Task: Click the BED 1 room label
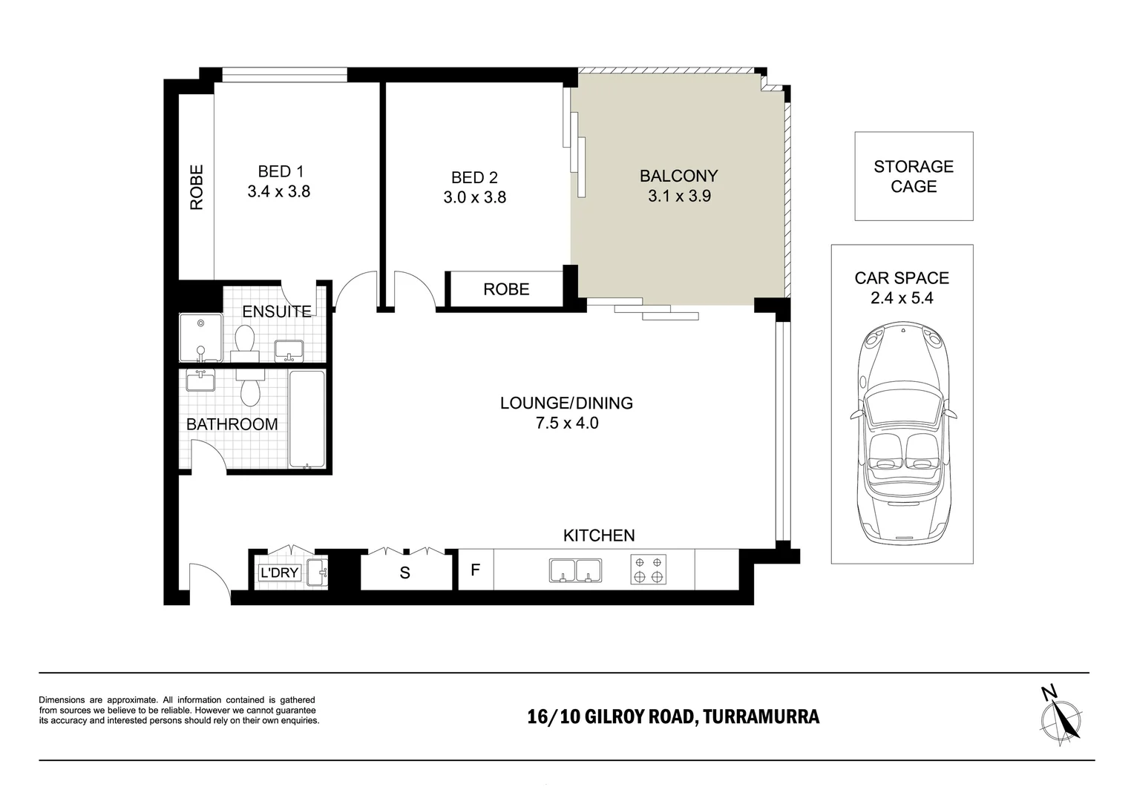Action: click(x=281, y=171)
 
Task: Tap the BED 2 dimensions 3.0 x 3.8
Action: click(x=474, y=197)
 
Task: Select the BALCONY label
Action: click(x=678, y=176)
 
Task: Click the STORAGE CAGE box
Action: click(x=914, y=176)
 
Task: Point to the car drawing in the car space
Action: click(x=903, y=433)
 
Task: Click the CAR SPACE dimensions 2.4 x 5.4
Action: click(x=902, y=298)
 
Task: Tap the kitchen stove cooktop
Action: click(x=648, y=570)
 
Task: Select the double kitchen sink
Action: click(x=576, y=570)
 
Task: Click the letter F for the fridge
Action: click(x=475, y=570)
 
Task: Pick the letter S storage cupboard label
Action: click(x=404, y=573)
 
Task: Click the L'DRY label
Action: click(x=279, y=573)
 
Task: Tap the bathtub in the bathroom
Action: click(x=307, y=418)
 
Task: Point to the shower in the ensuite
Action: click(x=201, y=337)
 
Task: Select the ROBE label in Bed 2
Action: click(x=506, y=289)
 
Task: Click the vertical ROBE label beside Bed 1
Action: click(x=197, y=187)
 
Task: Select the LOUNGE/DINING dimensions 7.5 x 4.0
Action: click(x=567, y=423)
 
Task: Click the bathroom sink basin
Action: click(x=200, y=380)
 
